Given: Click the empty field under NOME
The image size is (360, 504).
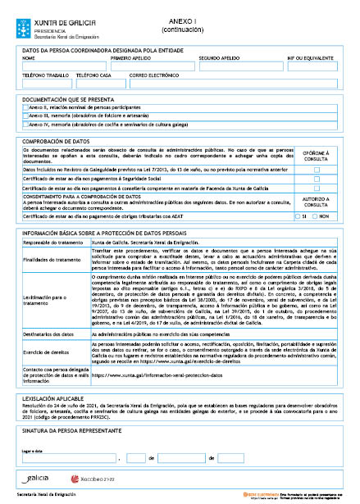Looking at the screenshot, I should point(64,66).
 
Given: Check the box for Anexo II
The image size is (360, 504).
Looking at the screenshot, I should point(25,107).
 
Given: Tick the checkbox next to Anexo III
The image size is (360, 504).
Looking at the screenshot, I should point(25,116).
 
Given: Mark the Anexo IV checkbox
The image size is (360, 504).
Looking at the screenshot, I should point(25,125).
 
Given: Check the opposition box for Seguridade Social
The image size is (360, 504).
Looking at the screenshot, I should point(316,179).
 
